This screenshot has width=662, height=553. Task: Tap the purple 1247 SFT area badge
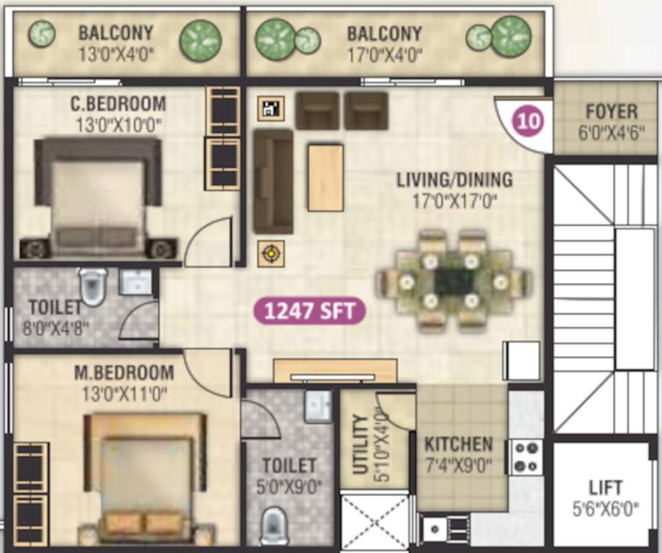(309, 312)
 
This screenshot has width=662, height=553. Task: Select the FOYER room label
(611, 112)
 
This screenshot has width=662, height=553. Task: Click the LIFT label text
(605, 487)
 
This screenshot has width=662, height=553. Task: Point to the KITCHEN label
(458, 444)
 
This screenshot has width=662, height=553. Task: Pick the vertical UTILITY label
(361, 444)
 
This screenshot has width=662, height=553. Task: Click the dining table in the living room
(454, 281)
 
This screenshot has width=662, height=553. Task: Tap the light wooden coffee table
(325, 177)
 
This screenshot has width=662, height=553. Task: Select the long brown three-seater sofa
(273, 181)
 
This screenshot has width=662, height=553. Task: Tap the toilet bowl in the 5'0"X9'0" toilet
(274, 526)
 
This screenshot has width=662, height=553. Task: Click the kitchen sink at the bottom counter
(435, 529)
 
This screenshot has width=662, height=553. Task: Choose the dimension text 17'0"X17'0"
(454, 202)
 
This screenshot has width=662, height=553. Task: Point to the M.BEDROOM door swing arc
(209, 372)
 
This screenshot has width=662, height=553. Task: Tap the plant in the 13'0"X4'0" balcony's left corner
(41, 34)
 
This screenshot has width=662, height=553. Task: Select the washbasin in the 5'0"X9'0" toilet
(318, 407)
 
